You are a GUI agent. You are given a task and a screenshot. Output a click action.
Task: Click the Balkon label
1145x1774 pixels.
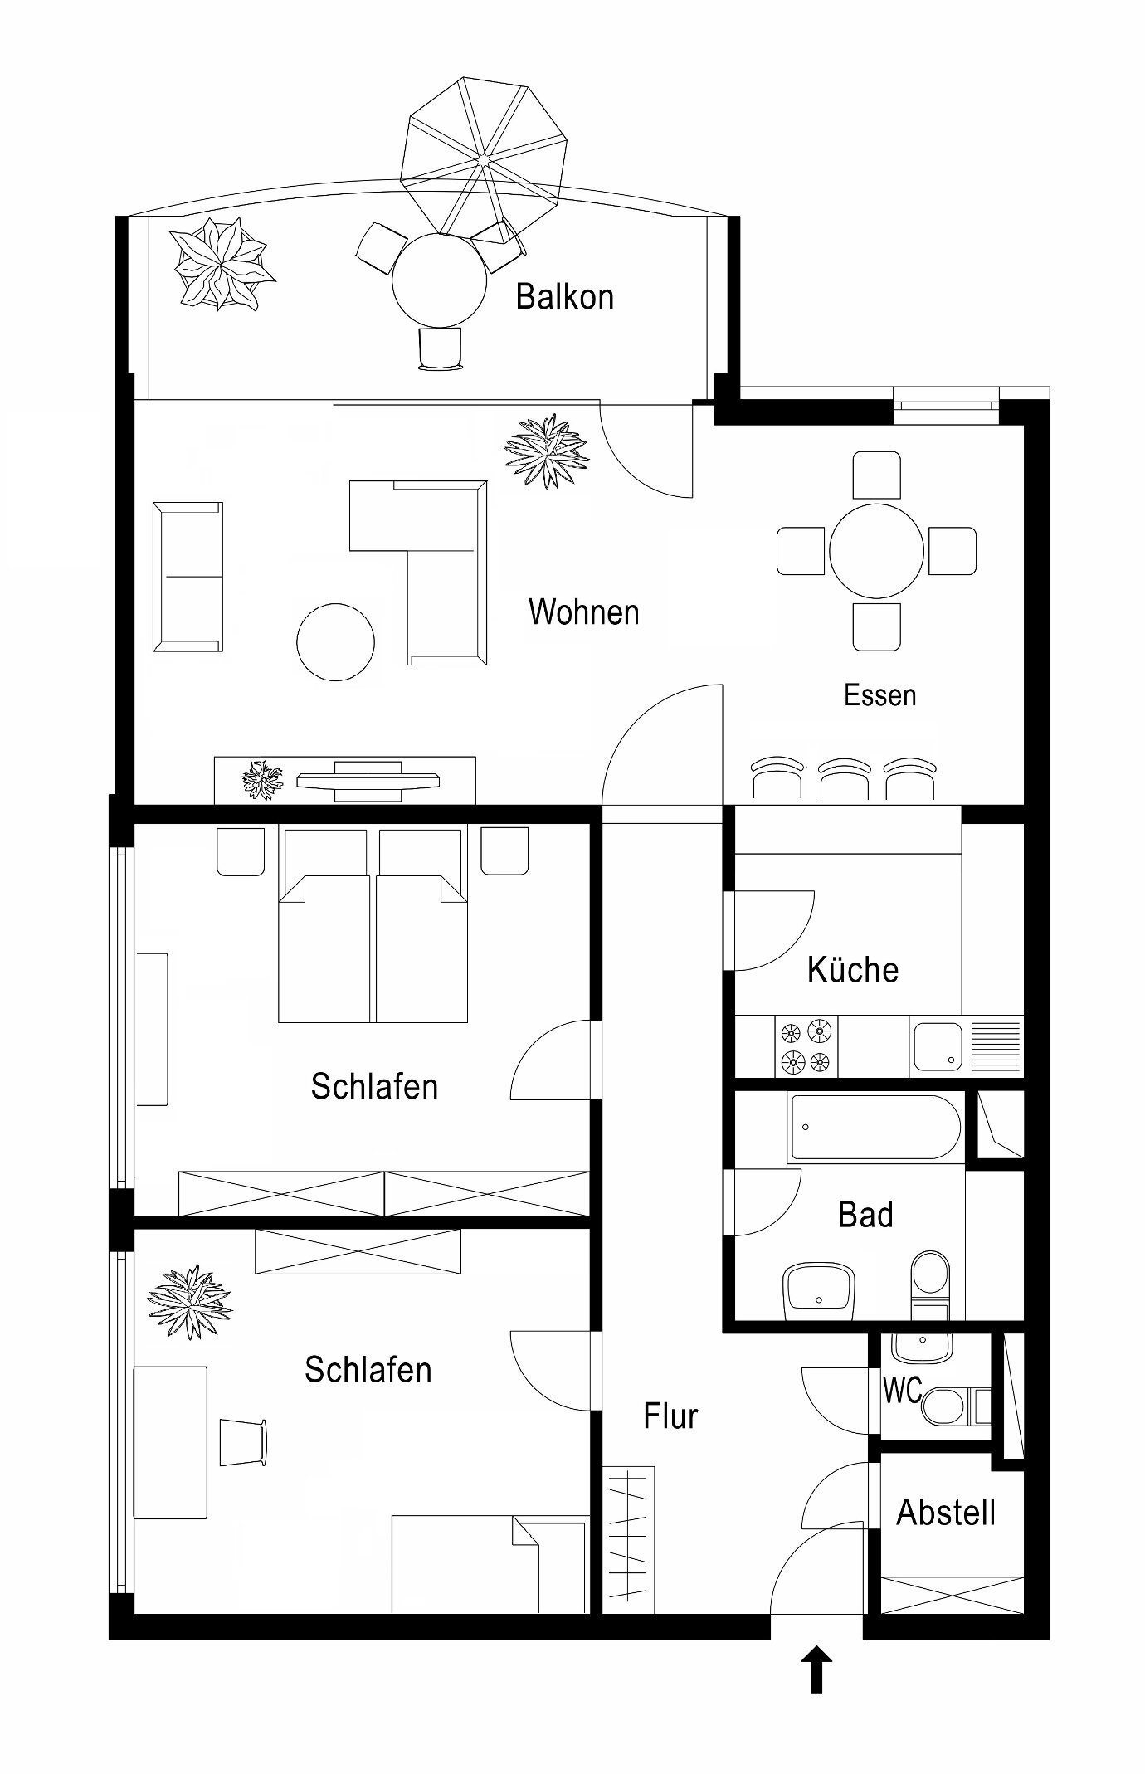pyautogui.click(x=565, y=297)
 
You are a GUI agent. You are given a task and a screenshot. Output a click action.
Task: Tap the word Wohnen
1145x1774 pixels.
pyautogui.click(x=584, y=612)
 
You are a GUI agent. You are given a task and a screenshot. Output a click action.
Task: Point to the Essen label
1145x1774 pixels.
pyautogui.click(x=880, y=694)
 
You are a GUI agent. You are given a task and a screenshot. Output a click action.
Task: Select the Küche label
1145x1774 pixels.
pyautogui.click(x=853, y=969)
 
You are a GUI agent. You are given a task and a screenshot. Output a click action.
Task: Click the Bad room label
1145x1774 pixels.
pyautogui.click(x=866, y=1215)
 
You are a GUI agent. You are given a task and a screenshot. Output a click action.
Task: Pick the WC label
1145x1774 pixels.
pyautogui.click(x=903, y=1391)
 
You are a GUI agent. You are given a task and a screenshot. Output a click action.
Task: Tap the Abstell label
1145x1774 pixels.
pyautogui.click(x=947, y=1513)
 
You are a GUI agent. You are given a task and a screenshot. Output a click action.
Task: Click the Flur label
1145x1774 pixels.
pyautogui.click(x=670, y=1416)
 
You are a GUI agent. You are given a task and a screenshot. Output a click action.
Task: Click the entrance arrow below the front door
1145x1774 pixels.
pyautogui.click(x=817, y=1669)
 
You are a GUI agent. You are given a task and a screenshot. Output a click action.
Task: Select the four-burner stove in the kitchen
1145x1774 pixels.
pyautogui.click(x=806, y=1046)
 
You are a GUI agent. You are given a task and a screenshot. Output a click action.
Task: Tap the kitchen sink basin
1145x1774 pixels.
pyautogui.click(x=938, y=1046)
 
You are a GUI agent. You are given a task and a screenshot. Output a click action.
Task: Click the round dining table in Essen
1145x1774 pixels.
pyautogui.click(x=877, y=550)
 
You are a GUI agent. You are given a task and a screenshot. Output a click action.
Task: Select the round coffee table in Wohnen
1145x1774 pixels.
pyautogui.click(x=336, y=642)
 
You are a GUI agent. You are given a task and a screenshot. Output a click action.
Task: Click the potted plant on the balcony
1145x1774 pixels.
pyautogui.click(x=221, y=263)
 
